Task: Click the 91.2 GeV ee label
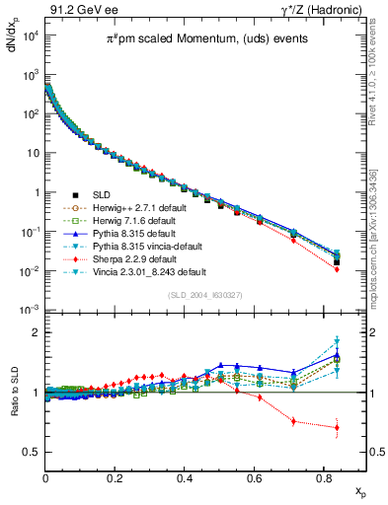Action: click(78, 9)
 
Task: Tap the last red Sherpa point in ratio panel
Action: click(338, 428)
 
